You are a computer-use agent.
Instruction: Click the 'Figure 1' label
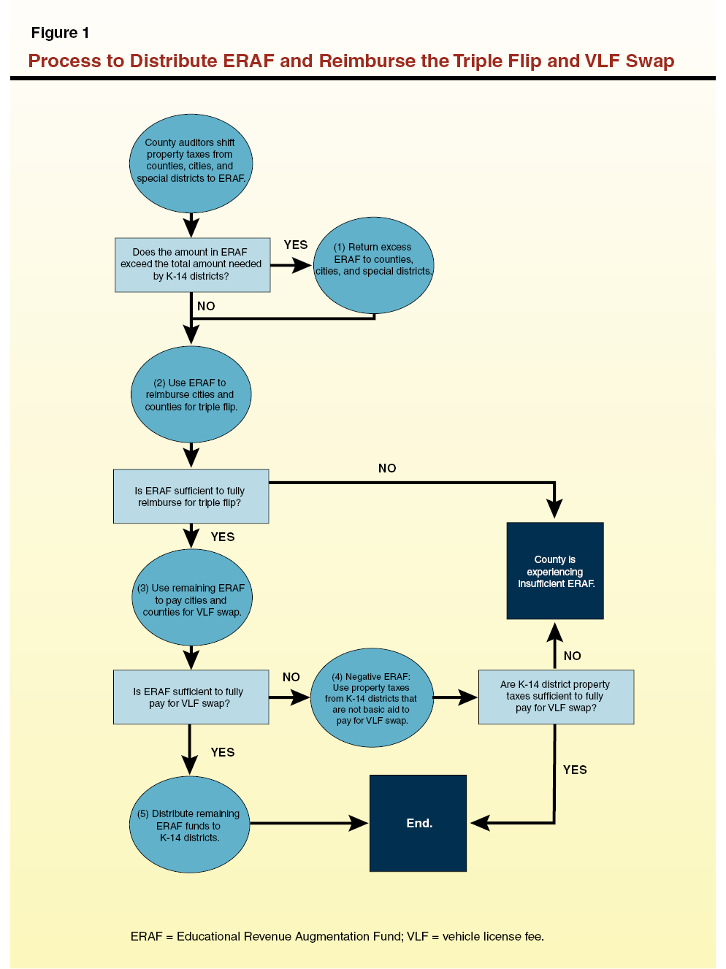tap(60, 33)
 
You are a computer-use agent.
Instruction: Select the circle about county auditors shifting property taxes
tap(191, 162)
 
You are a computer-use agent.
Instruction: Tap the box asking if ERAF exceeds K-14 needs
tap(192, 264)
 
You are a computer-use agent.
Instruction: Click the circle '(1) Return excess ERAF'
tap(373, 264)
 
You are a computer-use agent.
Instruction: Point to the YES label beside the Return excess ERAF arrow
tap(296, 245)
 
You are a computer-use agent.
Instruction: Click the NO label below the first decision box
tap(206, 307)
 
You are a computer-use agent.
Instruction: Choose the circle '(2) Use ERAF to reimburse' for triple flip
tap(191, 394)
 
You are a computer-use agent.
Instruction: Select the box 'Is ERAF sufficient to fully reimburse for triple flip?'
tap(191, 497)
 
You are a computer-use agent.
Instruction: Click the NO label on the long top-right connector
tap(387, 469)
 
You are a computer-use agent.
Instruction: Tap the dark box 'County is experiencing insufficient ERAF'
tap(555, 571)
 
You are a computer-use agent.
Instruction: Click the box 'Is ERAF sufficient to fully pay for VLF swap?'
tap(191, 697)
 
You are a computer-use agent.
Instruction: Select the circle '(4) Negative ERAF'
tap(372, 698)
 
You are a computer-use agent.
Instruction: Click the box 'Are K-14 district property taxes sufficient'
tap(556, 697)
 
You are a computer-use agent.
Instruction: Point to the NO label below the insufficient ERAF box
tap(573, 656)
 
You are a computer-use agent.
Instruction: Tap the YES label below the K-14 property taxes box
tap(575, 770)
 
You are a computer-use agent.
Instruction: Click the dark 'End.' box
tap(418, 824)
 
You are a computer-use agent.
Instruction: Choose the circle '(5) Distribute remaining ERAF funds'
tap(189, 825)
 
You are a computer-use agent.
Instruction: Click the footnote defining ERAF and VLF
tap(337, 937)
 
